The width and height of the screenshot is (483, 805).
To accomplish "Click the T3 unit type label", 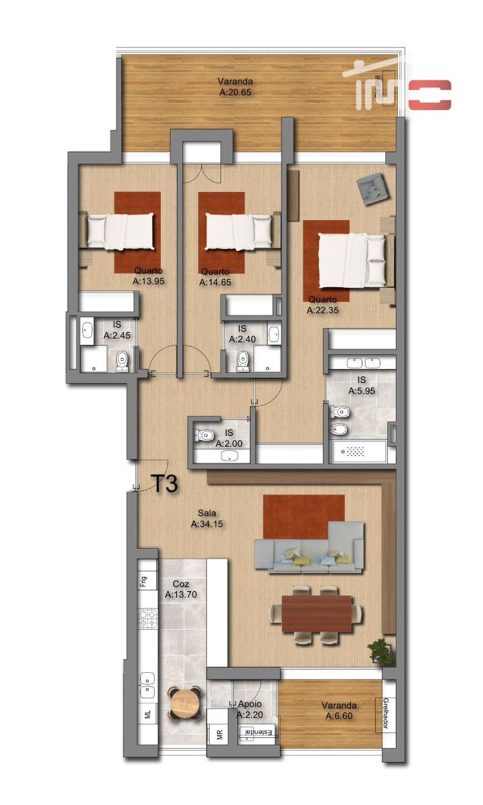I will tap(165, 484).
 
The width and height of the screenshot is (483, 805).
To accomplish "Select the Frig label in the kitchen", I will tap(143, 582).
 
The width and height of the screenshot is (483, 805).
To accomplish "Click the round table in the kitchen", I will tap(185, 702).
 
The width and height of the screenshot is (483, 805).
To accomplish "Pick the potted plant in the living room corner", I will tap(381, 651).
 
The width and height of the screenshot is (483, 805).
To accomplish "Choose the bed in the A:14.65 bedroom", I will tap(238, 230).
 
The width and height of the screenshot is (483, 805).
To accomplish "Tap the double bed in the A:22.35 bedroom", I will tap(351, 260).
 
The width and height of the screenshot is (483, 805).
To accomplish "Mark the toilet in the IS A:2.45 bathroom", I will tap(121, 362).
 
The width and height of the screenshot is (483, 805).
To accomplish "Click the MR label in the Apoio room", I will tap(219, 735).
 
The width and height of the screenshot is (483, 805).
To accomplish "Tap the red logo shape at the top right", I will tap(430, 95).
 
